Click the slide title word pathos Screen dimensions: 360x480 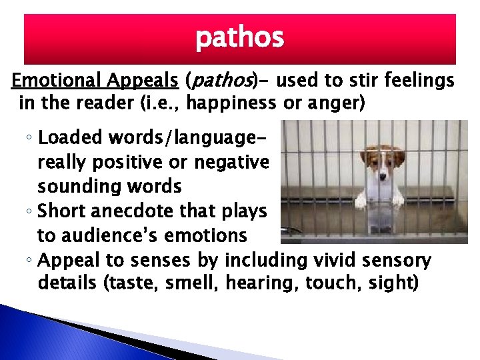239,39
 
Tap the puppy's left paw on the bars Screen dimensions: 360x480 361,200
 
